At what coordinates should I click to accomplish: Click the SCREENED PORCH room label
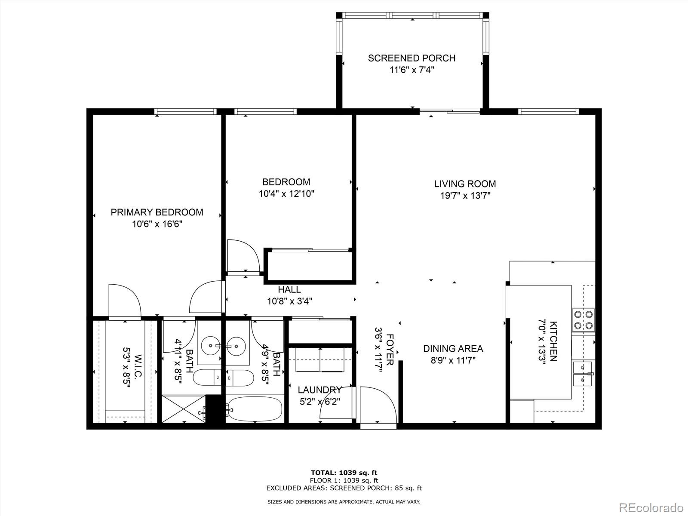pyautogui.click(x=412, y=58)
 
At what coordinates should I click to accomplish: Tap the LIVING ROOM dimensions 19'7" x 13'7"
pyautogui.click(x=465, y=196)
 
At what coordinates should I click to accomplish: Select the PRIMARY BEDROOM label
pyautogui.click(x=157, y=212)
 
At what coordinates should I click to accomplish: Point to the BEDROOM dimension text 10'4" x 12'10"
pyautogui.click(x=286, y=194)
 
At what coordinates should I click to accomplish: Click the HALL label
pyautogui.click(x=289, y=289)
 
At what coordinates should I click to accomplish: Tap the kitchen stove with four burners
pyautogui.click(x=584, y=320)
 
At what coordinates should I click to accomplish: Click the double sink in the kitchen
pyautogui.click(x=583, y=374)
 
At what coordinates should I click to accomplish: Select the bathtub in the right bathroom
pyautogui.click(x=255, y=409)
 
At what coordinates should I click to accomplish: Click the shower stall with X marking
pyautogui.click(x=184, y=408)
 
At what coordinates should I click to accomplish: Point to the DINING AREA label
pyautogui.click(x=453, y=349)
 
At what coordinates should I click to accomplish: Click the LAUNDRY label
pyautogui.click(x=319, y=390)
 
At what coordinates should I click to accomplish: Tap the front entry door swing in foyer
pyautogui.click(x=377, y=405)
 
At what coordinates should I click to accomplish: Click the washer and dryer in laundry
pyautogui.click(x=320, y=359)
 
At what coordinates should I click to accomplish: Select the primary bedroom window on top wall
pyautogui.click(x=186, y=112)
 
